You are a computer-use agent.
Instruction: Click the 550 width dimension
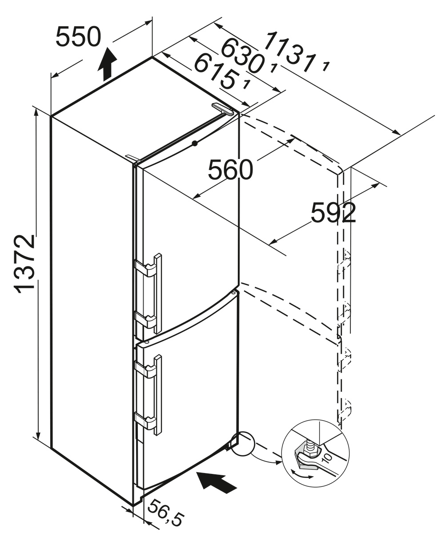coord(78,37)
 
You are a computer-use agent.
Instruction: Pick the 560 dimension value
coord(230,170)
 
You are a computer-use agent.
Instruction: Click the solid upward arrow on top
coord(108,64)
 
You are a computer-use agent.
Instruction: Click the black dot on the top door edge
coord(194,143)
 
